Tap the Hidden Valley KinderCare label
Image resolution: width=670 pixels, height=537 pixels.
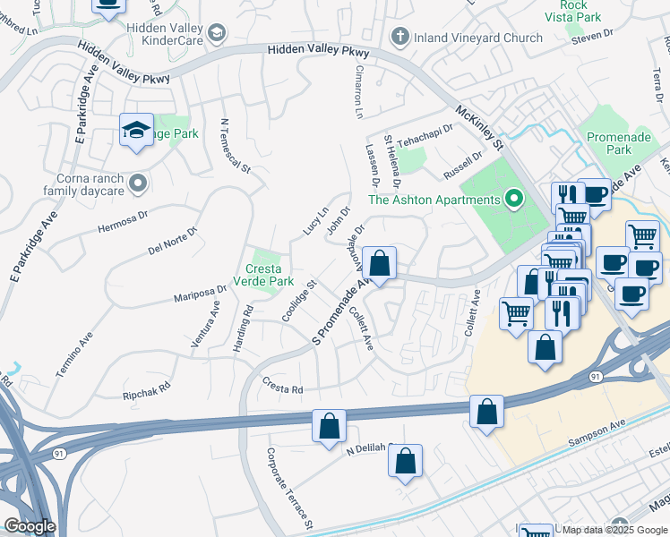[166, 35]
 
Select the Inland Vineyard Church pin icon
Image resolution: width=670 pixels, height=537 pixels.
[400, 38]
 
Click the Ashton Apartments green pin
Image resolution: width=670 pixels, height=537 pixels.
[513, 199]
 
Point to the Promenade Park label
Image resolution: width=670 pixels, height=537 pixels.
[608, 143]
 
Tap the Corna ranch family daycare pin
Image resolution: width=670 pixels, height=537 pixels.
[138, 183]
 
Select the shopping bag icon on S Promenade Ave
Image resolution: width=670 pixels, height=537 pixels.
[380, 264]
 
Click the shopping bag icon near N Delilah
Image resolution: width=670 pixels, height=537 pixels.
[405, 462]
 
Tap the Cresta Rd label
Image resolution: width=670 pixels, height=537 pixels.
[283, 389]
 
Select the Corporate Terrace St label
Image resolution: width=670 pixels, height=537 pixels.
[289, 485]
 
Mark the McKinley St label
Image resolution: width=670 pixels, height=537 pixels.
[481, 126]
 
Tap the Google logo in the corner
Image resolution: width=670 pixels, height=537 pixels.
[30, 526]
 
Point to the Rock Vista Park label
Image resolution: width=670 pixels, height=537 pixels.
[574, 11]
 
